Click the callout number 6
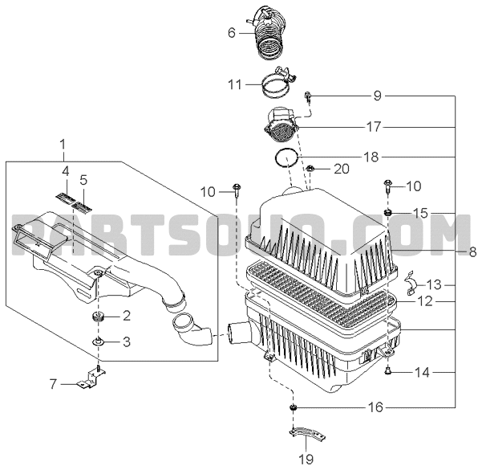[x=232, y=33]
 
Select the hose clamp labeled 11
[x=278, y=83]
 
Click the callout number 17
[x=374, y=127]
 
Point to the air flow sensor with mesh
[x=281, y=125]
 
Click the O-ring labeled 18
[x=286, y=158]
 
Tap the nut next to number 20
[x=310, y=168]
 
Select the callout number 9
[x=377, y=96]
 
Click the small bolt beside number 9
[x=308, y=96]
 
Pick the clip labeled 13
[x=411, y=283]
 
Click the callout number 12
[x=425, y=301]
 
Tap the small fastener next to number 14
[x=387, y=371]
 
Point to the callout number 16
[x=375, y=407]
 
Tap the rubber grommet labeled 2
[x=98, y=317]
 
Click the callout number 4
[x=66, y=172]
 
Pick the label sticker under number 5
[x=82, y=206]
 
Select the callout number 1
[x=63, y=144]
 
